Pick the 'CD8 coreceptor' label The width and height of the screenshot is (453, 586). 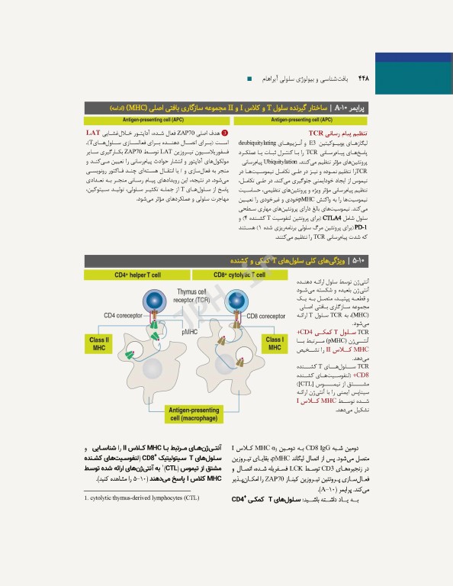click(265, 315)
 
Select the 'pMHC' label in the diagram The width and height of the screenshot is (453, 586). click(190, 333)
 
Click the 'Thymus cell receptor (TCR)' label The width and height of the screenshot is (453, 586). click(191, 296)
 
